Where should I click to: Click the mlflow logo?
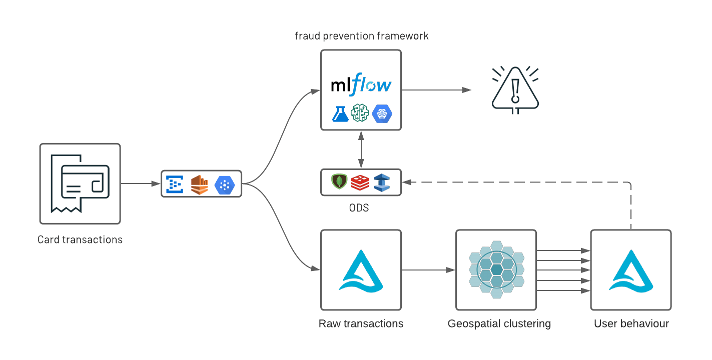(x=361, y=84)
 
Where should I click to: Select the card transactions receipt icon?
(x=80, y=183)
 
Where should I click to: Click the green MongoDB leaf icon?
(x=339, y=182)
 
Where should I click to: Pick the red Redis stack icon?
(x=360, y=182)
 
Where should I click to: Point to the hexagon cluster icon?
(x=496, y=270)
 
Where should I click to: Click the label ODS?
(x=359, y=207)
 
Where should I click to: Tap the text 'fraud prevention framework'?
(x=361, y=36)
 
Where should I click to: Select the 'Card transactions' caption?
(x=80, y=239)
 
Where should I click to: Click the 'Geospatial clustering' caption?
(x=499, y=323)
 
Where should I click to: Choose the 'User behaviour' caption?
(x=631, y=323)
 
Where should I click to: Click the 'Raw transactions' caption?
(x=361, y=323)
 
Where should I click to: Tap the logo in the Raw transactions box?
(x=361, y=270)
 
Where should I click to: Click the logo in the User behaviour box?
(x=631, y=270)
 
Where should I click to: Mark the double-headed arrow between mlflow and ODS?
(x=361, y=149)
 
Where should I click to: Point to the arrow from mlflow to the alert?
(x=435, y=90)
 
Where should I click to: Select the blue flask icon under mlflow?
(x=340, y=113)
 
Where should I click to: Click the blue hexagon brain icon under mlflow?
(x=382, y=113)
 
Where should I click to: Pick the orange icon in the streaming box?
(x=200, y=184)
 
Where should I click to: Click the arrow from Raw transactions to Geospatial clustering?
(x=428, y=270)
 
